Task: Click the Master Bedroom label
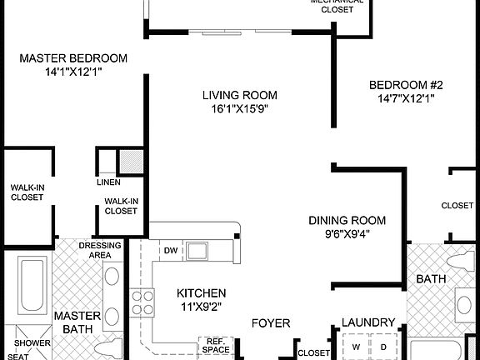click(x=72, y=58)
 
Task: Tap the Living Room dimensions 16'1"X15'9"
click(x=239, y=108)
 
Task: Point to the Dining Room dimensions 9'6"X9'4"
click(x=347, y=233)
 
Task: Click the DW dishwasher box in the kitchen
click(x=170, y=250)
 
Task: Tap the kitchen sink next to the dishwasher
click(x=197, y=250)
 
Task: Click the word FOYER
click(x=271, y=322)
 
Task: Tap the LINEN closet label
click(x=108, y=182)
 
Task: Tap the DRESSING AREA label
click(x=100, y=250)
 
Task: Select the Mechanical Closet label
click(x=337, y=7)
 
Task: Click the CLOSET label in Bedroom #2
click(x=457, y=205)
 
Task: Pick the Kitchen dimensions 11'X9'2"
click(x=201, y=307)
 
